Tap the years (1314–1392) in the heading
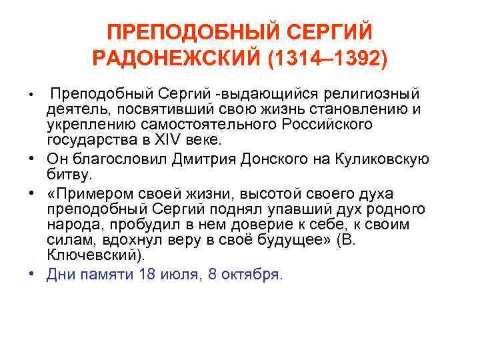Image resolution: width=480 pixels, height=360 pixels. point(327,59)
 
